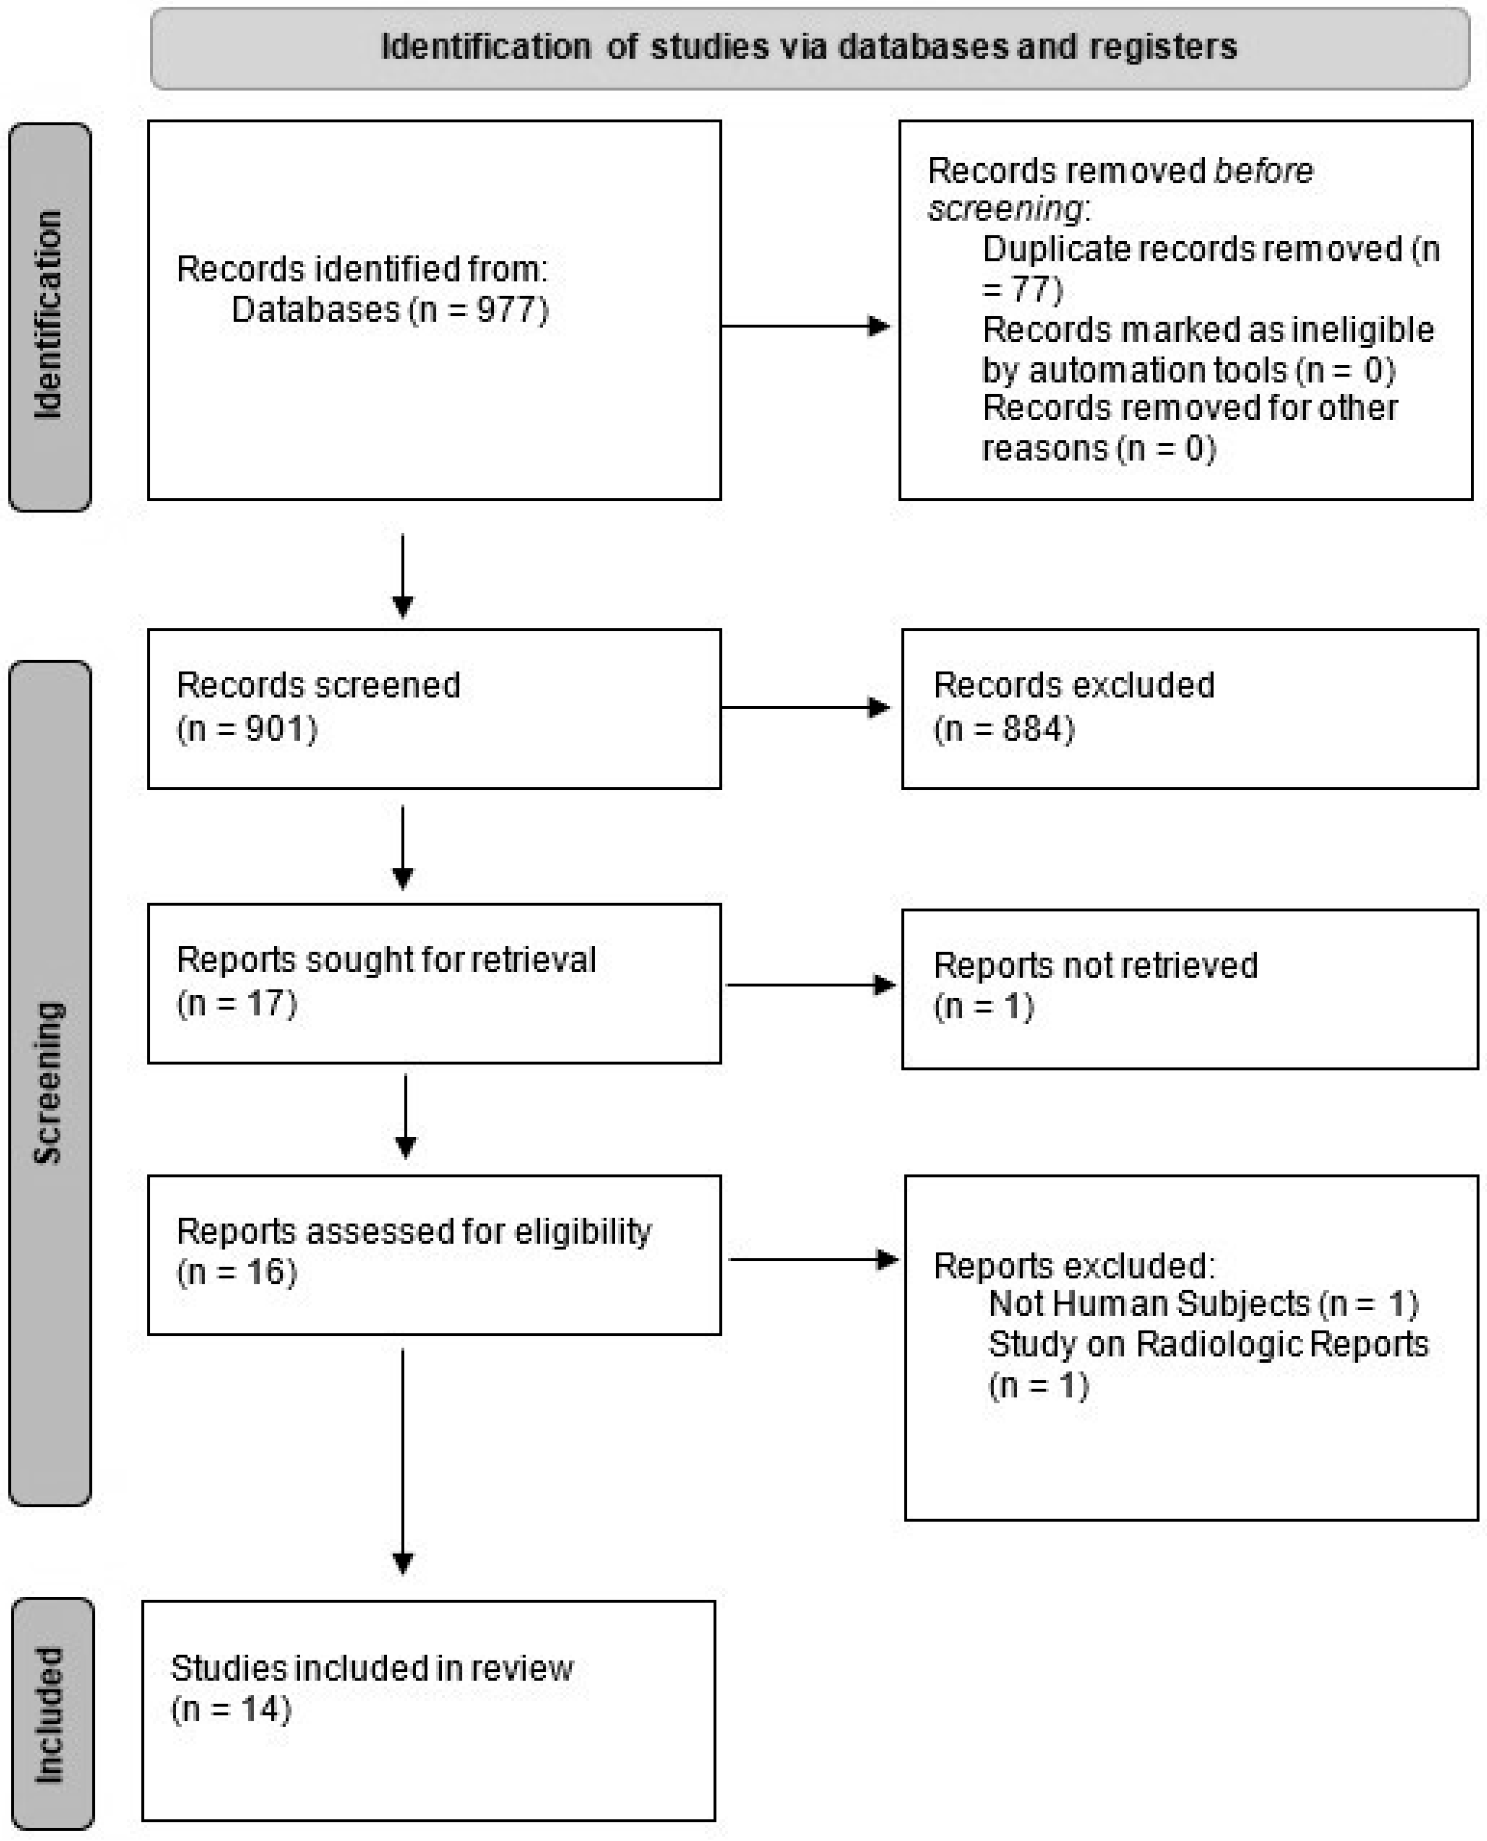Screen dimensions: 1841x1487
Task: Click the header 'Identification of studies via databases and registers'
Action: pyautogui.click(x=808, y=47)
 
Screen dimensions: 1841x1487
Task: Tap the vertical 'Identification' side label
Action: pyautogui.click(x=49, y=315)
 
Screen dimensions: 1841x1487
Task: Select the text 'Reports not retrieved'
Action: pyautogui.click(x=1095, y=966)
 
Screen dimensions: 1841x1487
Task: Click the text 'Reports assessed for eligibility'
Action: pyautogui.click(x=414, y=1232)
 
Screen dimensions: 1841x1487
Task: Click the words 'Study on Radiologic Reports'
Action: pyautogui.click(x=1208, y=1344)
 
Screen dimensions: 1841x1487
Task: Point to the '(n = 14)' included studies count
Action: pyautogui.click(x=231, y=1709)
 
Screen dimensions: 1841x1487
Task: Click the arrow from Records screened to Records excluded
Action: pyautogui.click(x=805, y=708)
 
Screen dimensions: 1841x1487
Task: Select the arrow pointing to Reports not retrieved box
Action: pyautogui.click(x=809, y=985)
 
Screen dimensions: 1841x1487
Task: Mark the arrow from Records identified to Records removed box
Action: pyautogui.click(x=805, y=325)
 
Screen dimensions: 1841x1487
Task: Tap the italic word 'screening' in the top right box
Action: pyautogui.click(x=1005, y=209)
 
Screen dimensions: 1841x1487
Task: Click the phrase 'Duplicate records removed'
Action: pyautogui.click(x=1192, y=249)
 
